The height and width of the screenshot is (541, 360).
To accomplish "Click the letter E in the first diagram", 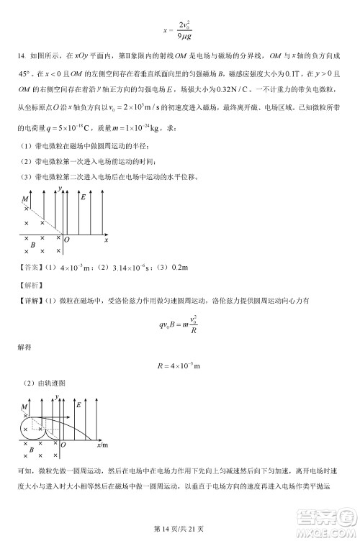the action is [84, 196].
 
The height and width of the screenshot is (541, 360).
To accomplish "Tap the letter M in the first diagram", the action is [24, 198].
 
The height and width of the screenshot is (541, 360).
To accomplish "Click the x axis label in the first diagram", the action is [106, 239].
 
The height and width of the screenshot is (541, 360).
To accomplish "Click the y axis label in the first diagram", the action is [61, 188].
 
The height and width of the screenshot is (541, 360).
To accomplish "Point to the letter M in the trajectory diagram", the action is [24, 407].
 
